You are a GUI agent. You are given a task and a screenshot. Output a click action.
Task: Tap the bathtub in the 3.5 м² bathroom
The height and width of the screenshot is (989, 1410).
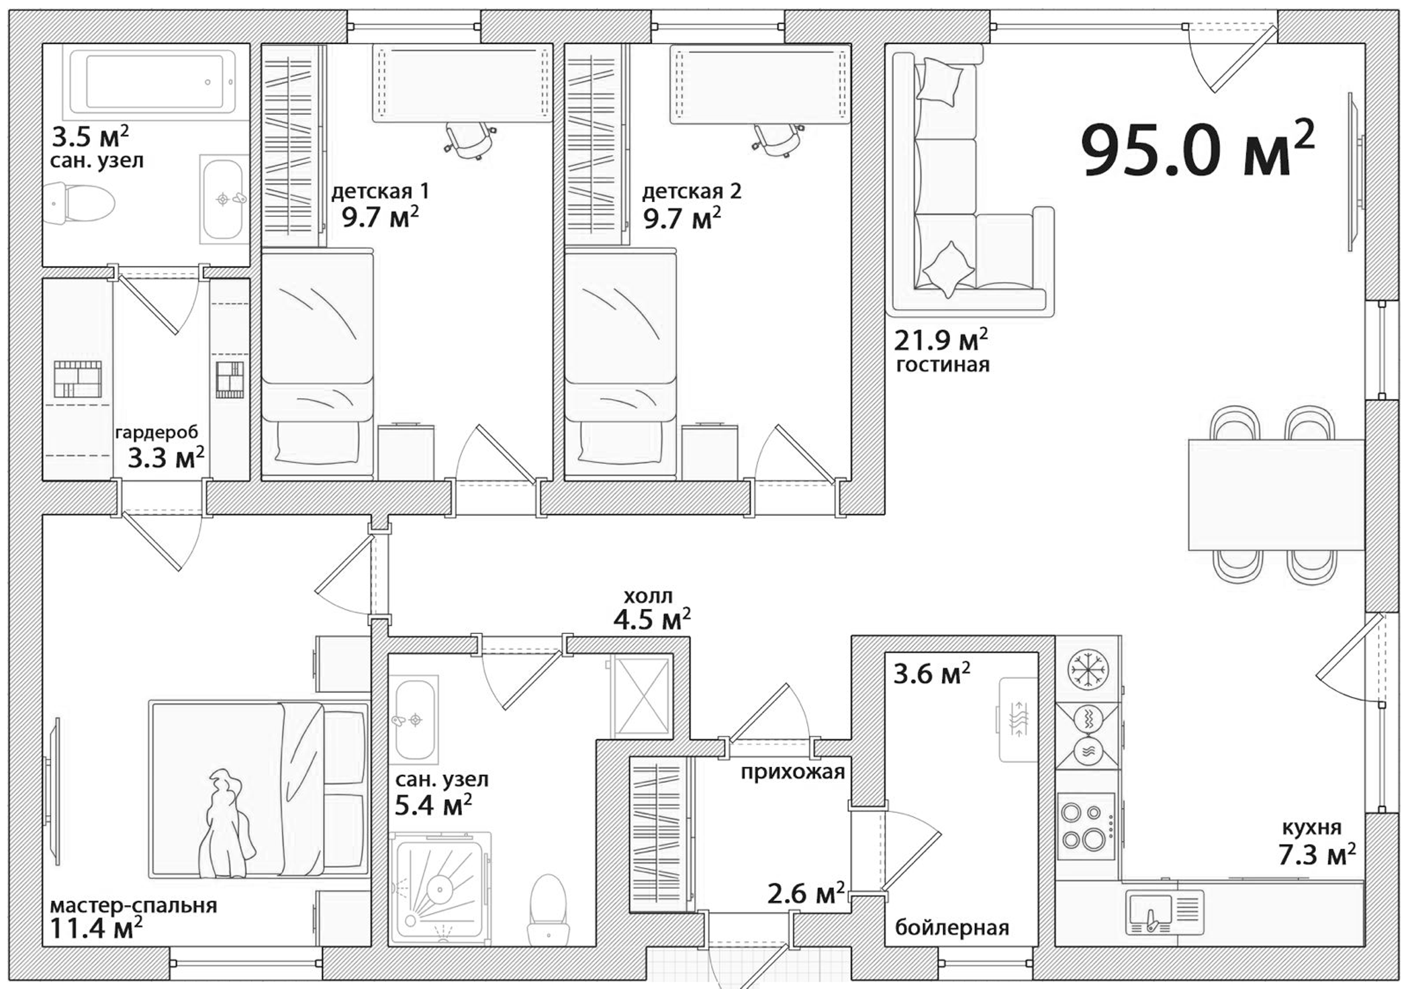tap(154, 81)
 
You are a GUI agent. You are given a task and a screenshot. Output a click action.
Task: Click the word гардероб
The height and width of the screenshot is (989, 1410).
tap(156, 432)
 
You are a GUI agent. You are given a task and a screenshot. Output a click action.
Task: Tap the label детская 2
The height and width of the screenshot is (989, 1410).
tap(692, 192)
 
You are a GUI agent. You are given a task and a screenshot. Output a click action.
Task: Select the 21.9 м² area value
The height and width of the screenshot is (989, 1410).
tap(940, 340)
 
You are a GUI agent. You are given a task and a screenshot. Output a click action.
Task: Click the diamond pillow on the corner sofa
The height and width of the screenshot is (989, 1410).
tap(948, 269)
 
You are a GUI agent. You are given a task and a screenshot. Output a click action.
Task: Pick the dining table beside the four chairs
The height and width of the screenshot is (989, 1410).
tap(1276, 495)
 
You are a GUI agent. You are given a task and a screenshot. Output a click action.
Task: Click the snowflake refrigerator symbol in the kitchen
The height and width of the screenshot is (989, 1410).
tap(1088, 670)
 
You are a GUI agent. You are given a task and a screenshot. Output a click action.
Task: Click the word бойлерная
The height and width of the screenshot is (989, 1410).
tap(952, 928)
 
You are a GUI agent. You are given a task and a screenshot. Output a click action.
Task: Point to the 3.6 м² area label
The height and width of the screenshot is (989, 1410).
tap(931, 673)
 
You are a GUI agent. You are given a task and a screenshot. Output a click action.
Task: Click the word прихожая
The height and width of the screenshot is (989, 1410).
tap(792, 772)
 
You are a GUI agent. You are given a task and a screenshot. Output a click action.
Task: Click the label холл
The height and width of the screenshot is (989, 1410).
tap(648, 596)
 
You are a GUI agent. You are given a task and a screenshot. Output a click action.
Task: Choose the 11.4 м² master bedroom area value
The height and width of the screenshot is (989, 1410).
tap(96, 929)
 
